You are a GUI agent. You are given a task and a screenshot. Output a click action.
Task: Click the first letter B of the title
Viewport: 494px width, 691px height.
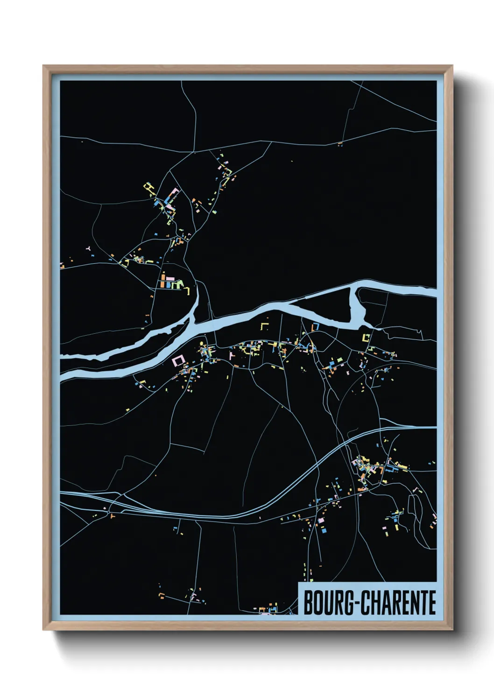pyautogui.click(x=309, y=603)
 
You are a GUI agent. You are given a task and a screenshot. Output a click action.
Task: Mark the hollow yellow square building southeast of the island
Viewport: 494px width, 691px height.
pyautogui.click(x=366, y=337)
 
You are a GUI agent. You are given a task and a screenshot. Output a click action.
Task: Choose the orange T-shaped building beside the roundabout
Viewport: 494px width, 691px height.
pyautogui.click(x=113, y=516)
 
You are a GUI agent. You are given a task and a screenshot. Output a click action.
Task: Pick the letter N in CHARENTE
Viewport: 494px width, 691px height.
pyautogui.click(x=416, y=603)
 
